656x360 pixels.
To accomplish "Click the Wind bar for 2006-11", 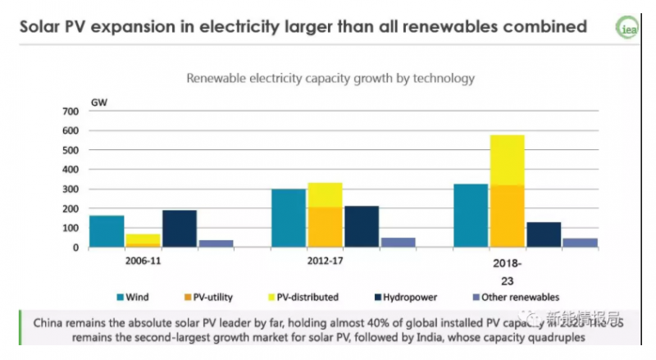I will point(107,231).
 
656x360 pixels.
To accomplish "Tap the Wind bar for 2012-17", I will point(289,217).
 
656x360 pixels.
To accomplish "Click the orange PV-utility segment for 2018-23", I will point(508,216).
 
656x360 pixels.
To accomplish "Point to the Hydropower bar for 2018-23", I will point(544,235).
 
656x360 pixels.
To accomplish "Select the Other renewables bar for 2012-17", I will point(399,242).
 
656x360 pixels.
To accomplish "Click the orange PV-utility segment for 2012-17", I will point(326,226).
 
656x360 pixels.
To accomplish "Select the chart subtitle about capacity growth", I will point(330,80).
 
